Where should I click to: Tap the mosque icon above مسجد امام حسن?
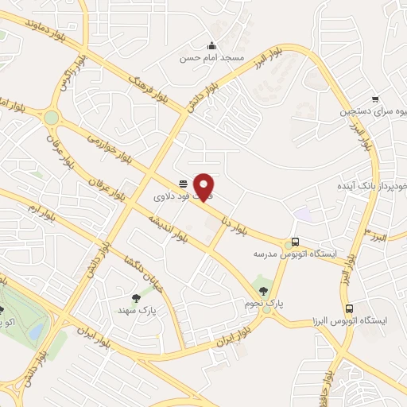[211, 45]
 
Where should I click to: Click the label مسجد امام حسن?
[212, 59]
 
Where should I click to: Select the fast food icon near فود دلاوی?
[183, 181]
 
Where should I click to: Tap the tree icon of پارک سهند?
[136, 299]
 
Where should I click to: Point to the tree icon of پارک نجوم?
[263, 291]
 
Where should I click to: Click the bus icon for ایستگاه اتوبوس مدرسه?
[296, 242]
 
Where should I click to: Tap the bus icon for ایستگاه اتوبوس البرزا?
[348, 308]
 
